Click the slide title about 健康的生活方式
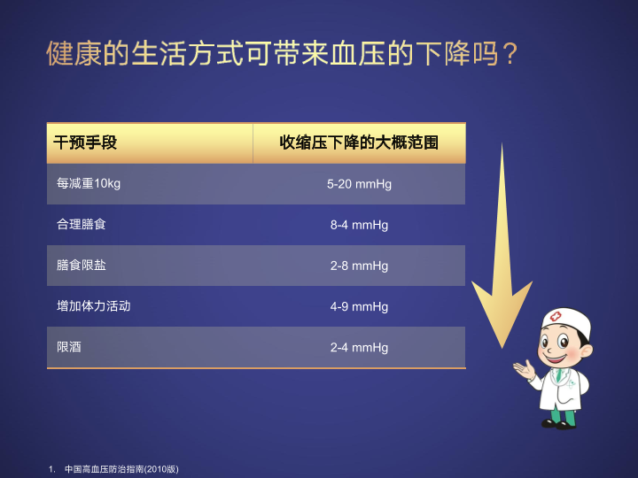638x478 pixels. [282, 53]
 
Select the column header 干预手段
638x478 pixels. [85, 143]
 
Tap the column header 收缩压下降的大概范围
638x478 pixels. [359, 143]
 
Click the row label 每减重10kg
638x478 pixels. [89, 184]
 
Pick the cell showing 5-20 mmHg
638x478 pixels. [359, 184]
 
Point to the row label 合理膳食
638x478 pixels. [81, 224]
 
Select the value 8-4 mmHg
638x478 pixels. [359, 225]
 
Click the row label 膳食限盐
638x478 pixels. [81, 265]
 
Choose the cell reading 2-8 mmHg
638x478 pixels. [359, 266]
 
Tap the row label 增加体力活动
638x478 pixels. [94, 305]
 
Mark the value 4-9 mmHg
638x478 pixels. [359, 306]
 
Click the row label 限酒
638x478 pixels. [69, 347]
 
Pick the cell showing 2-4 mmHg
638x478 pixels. [359, 348]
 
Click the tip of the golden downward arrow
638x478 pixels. [502, 349]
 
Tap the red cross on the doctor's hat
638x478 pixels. [556, 316]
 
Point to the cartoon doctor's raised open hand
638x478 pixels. [524, 369]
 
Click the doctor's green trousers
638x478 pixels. [564, 415]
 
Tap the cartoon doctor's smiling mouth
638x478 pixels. [555, 358]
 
